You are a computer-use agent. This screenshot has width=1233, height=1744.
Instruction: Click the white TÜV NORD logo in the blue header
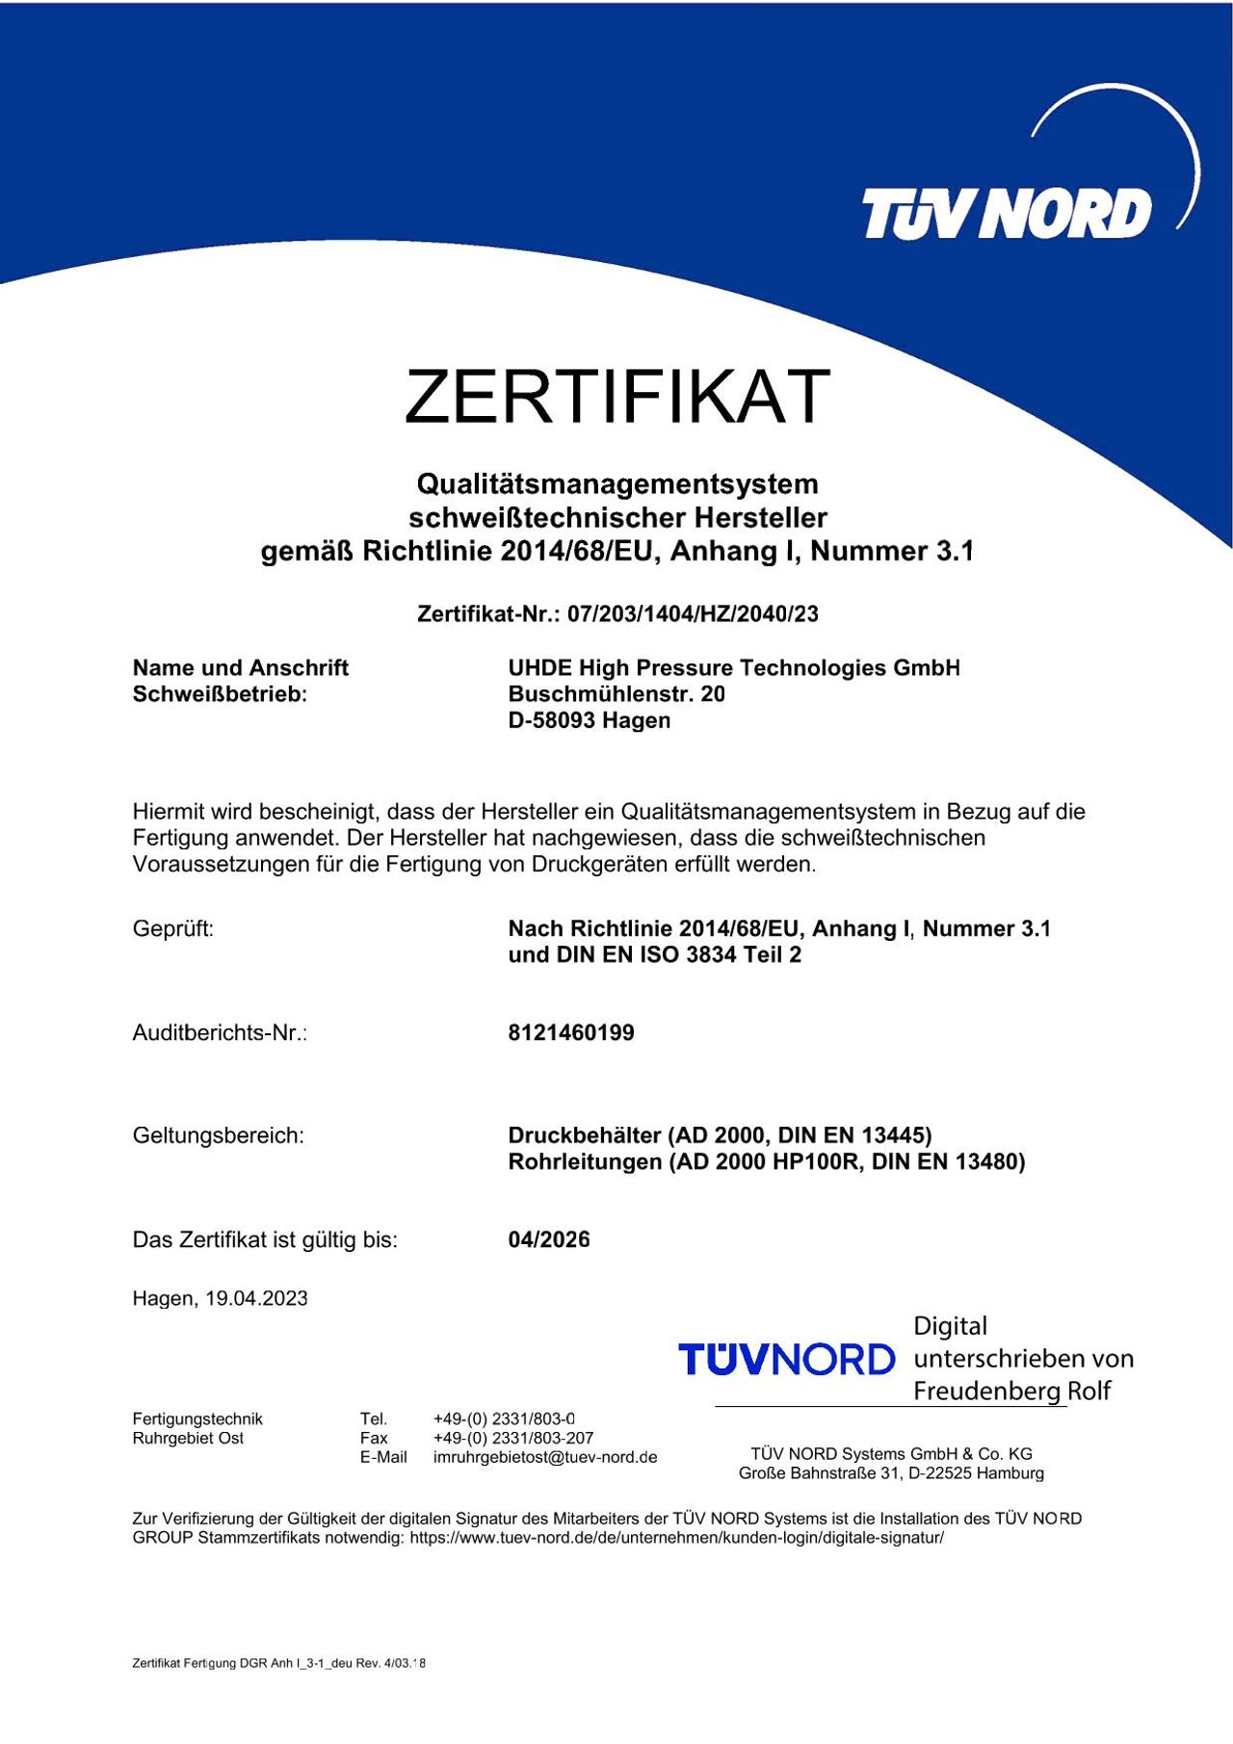1007,213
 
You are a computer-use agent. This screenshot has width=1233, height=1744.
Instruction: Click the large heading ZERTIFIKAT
616,395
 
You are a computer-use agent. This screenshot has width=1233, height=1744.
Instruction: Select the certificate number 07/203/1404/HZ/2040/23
693,613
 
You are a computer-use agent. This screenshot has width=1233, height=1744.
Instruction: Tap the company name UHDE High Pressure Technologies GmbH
734,667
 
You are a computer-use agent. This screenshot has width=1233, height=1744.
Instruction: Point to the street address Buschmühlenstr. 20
616,693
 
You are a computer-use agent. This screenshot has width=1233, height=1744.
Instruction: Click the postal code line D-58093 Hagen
590,720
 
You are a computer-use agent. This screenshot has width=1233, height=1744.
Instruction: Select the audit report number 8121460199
571,1032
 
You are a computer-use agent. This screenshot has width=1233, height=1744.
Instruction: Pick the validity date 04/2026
549,1239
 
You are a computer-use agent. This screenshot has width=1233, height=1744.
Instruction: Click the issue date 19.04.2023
256,1298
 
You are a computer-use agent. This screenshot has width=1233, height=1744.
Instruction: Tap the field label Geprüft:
173,928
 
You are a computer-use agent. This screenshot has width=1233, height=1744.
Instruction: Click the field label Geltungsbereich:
218,1135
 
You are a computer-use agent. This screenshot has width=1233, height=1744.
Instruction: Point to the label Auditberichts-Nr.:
220,1032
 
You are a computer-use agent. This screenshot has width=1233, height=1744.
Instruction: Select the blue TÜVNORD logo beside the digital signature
787,1359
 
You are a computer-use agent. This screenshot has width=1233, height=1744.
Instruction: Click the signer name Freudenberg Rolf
1011,1391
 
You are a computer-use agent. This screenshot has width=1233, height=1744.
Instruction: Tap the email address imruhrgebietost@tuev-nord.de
545,1457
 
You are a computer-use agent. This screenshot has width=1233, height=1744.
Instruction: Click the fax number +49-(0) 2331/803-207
513,1438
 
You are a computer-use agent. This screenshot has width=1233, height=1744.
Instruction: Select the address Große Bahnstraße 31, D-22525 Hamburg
891,1472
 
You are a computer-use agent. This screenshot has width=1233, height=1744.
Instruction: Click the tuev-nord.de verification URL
676,1537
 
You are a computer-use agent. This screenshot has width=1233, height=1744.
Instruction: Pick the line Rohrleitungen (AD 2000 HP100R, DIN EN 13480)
767,1161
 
